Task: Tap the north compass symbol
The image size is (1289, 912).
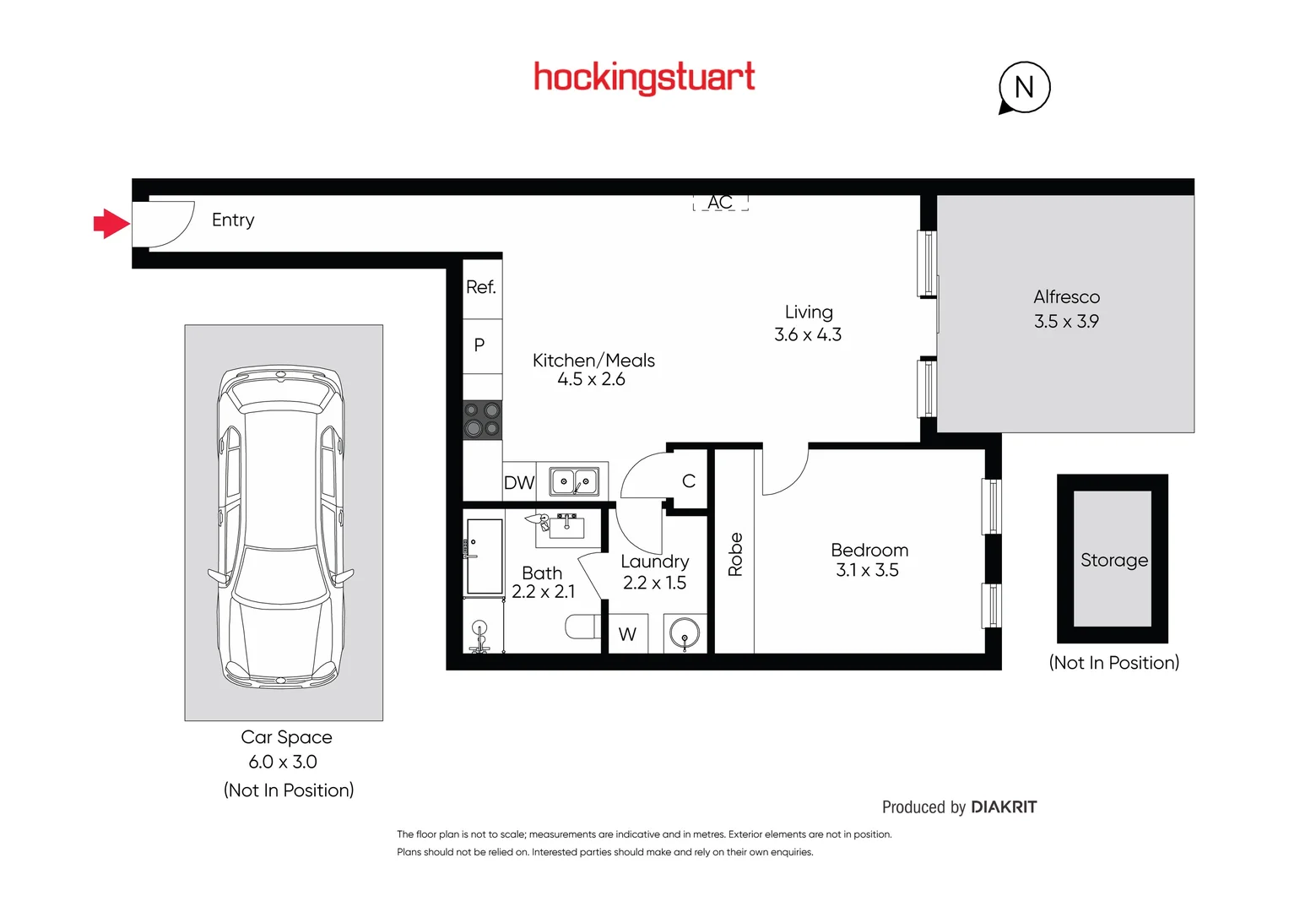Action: pyautogui.click(x=1024, y=87)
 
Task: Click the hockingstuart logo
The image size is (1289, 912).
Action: pyautogui.click(x=644, y=78)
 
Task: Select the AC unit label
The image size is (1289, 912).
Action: pyautogui.click(x=720, y=203)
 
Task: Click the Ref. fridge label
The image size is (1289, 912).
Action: pyautogui.click(x=481, y=287)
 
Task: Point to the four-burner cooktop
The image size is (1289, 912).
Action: pyautogui.click(x=483, y=420)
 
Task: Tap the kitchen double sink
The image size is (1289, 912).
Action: pyautogui.click(x=574, y=482)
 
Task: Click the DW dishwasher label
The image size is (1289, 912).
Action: pyautogui.click(x=519, y=483)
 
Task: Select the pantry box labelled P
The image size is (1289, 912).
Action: pyautogui.click(x=479, y=345)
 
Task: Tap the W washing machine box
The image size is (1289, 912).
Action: pyautogui.click(x=627, y=634)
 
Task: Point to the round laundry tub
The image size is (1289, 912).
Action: pyautogui.click(x=685, y=633)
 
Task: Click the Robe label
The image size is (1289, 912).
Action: pyautogui.click(x=735, y=554)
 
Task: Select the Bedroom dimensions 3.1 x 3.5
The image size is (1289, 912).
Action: pyautogui.click(x=867, y=571)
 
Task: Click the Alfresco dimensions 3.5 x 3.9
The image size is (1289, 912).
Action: pyautogui.click(x=1066, y=322)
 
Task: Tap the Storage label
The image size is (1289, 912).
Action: pyautogui.click(x=1113, y=560)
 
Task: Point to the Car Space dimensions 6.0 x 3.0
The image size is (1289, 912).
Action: pyautogui.click(x=283, y=762)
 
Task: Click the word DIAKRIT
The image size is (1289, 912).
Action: pyautogui.click(x=1004, y=807)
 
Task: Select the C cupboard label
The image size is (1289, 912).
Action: pyautogui.click(x=689, y=481)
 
